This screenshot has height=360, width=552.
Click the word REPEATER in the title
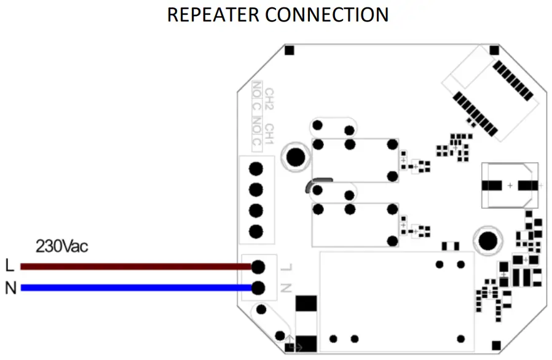point(209,14)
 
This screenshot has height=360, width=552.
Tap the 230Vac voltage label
point(61,247)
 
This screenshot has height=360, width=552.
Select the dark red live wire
point(135,267)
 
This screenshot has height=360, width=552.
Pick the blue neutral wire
point(135,287)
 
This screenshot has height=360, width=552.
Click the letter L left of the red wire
point(9,266)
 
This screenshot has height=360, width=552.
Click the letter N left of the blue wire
point(10,288)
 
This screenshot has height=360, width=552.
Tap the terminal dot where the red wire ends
point(258,267)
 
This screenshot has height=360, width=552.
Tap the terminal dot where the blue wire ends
point(258,287)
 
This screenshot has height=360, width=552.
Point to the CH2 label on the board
point(269,99)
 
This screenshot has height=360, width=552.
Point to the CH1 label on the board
point(269,131)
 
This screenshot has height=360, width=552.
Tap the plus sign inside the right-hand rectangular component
point(510,185)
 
